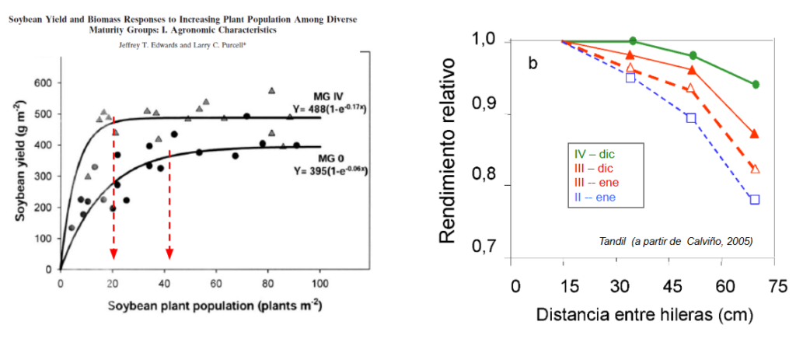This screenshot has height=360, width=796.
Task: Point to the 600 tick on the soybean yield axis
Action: (40, 83)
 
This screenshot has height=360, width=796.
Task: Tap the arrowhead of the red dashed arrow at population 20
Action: (113, 254)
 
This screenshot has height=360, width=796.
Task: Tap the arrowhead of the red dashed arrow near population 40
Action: (169, 254)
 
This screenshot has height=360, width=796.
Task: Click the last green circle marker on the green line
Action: (756, 84)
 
